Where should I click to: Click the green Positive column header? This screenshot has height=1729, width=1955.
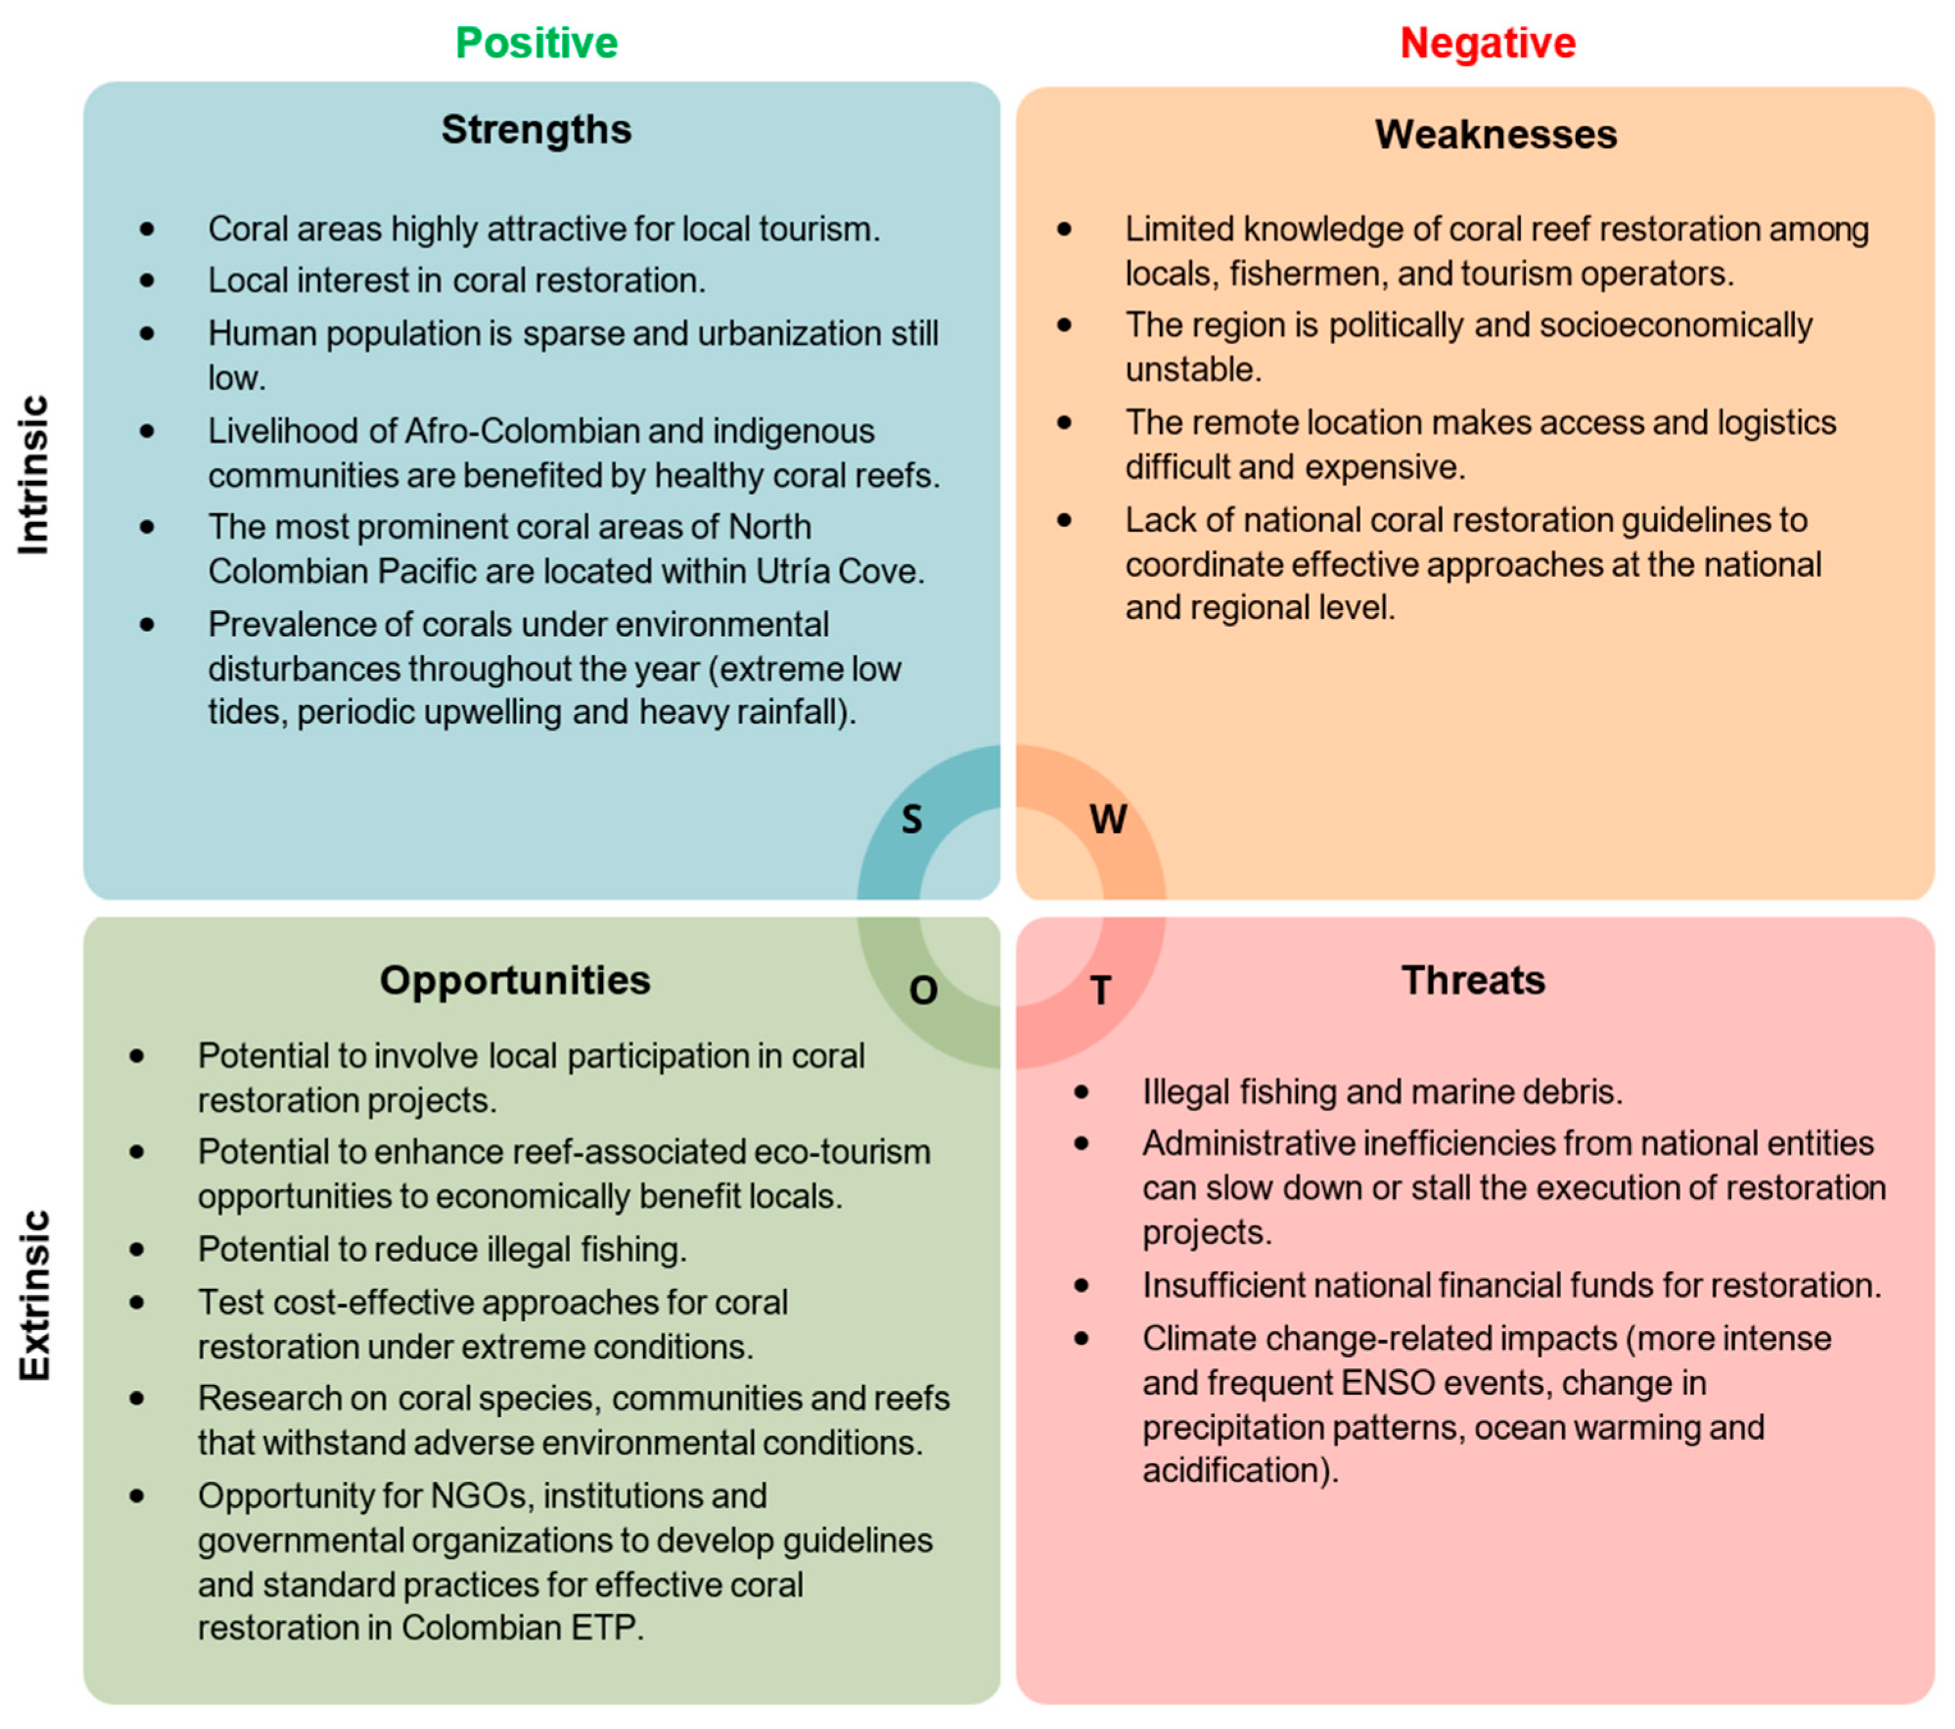pos(536,43)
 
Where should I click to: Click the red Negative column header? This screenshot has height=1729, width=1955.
pos(1487,43)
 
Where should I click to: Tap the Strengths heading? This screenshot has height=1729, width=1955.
pos(536,129)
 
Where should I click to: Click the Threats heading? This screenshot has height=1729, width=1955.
pos(1473,980)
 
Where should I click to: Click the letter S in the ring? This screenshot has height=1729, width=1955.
pos(911,819)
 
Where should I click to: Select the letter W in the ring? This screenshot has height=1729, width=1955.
pos(1108,819)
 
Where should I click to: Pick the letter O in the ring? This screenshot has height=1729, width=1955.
pos(923,991)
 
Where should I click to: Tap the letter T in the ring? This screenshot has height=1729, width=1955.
pos(1101,991)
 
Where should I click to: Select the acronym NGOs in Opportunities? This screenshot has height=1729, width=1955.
pos(482,1496)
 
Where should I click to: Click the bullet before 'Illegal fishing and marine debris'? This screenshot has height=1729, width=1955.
pos(1081,1091)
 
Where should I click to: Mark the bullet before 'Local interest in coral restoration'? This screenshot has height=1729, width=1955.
pos(147,280)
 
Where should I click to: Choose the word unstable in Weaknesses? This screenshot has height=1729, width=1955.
pos(1193,369)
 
